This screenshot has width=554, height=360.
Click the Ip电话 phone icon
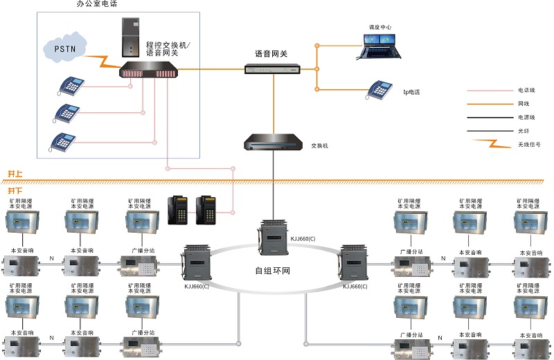pyautogui.click(x=379, y=89)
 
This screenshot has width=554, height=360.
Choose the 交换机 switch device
pyautogui.click(x=274, y=144)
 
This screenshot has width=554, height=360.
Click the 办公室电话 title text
pyautogui.click(x=97, y=5)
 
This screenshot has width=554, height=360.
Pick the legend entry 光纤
pyautogui.click(x=525, y=131)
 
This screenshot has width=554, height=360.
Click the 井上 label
pyautogui.click(x=15, y=174)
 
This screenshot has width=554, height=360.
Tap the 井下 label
pyautogui.click(x=15, y=190)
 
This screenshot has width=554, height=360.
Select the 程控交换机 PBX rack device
pyautogui.click(x=148, y=70)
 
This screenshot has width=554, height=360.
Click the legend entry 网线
pyautogui.click(x=525, y=104)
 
